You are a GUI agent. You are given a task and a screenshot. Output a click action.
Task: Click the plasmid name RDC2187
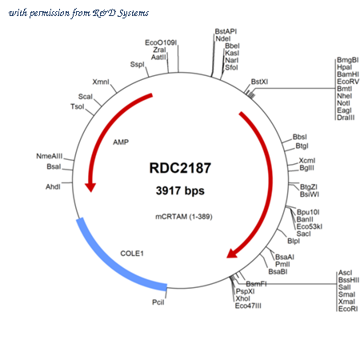[x=180, y=168]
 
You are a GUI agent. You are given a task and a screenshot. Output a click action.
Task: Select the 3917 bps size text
[x=180, y=190]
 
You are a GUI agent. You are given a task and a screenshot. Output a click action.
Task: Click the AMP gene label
[x=121, y=142]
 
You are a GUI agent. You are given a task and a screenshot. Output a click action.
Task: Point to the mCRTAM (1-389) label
[x=184, y=217]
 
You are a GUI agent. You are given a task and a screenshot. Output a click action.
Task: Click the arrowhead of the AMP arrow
[x=90, y=187]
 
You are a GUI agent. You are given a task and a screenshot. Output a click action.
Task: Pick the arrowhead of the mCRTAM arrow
[x=233, y=253]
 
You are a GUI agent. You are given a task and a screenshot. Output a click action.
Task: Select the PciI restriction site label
[x=158, y=302]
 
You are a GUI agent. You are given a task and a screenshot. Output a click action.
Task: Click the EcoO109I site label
[x=161, y=42]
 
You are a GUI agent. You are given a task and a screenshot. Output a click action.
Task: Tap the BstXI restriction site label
[x=259, y=82]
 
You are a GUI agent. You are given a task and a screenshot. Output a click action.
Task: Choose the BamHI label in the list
[x=348, y=74]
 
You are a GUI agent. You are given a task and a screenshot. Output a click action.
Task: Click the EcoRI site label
[x=348, y=309]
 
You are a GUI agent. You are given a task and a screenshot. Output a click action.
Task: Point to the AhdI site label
[x=53, y=186]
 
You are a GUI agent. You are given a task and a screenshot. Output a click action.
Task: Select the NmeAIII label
[x=50, y=156]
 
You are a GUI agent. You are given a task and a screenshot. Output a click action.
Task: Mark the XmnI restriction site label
[x=101, y=82]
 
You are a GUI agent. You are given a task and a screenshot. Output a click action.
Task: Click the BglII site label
[x=306, y=168]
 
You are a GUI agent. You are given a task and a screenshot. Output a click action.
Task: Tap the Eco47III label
[x=248, y=306]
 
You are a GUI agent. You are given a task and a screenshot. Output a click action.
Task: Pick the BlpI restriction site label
[x=294, y=241]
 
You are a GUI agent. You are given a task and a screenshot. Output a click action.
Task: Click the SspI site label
[x=137, y=64]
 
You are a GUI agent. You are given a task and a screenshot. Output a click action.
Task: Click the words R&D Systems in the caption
[x=120, y=13]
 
